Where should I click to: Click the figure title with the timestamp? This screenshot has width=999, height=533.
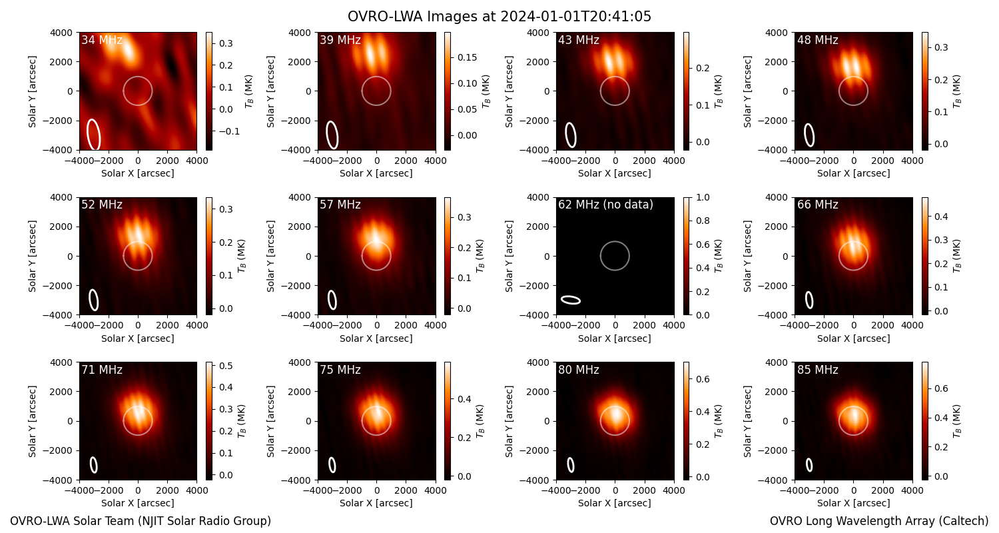(499, 17)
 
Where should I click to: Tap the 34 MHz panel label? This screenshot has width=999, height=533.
(102, 40)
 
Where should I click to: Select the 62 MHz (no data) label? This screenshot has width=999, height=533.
(605, 205)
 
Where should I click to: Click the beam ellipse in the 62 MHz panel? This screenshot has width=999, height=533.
(570, 300)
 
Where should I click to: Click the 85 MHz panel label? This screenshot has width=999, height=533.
(817, 370)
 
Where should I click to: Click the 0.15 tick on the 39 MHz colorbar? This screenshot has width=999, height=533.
(467, 57)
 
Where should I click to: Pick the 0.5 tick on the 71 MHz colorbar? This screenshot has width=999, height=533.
(226, 366)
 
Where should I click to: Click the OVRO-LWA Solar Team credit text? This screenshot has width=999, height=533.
(141, 521)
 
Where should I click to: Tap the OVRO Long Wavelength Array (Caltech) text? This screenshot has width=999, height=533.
(879, 521)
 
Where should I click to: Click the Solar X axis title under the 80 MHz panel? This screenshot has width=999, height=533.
(615, 503)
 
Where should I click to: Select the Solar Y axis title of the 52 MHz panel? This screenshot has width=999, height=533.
(32, 256)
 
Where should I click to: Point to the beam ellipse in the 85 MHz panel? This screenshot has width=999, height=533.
(809, 465)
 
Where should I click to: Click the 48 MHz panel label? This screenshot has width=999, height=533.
(817, 40)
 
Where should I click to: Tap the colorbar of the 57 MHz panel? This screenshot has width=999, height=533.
(448, 256)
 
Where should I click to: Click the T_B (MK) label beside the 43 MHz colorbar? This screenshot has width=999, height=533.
(719, 91)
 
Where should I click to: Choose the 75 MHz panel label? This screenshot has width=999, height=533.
(340, 370)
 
